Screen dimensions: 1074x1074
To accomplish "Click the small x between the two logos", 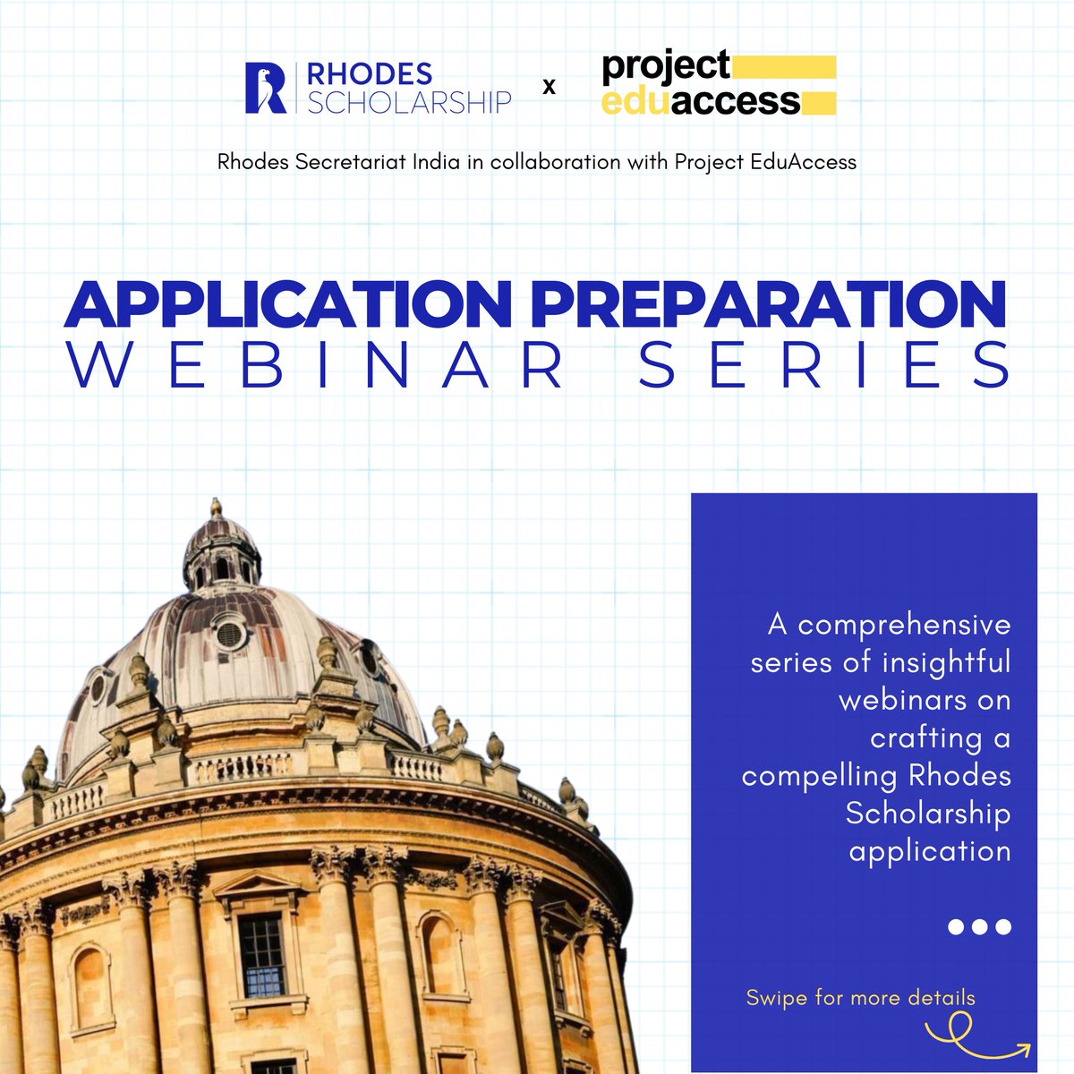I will click(x=550, y=88).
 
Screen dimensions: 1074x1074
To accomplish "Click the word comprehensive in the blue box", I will click(x=904, y=625).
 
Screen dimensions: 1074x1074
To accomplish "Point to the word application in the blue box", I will click(x=930, y=850).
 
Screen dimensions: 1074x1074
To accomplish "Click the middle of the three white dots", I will click(x=980, y=927).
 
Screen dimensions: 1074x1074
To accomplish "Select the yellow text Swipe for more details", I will click(x=860, y=997).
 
